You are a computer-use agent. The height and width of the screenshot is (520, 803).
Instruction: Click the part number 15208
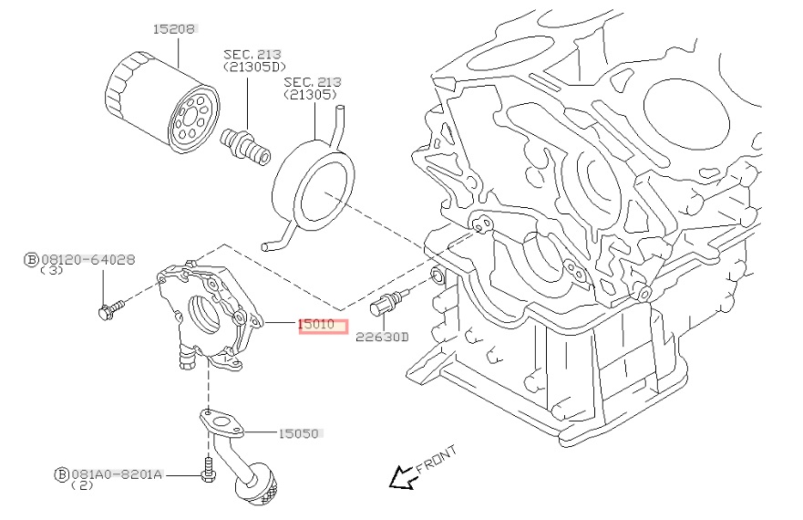click(173, 29)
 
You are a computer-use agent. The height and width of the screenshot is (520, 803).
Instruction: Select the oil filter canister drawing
click(162, 103)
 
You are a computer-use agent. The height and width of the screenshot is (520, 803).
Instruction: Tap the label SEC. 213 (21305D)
click(252, 61)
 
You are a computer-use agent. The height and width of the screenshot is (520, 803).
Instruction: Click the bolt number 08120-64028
click(87, 260)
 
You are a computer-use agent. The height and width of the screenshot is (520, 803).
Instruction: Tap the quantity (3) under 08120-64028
click(54, 271)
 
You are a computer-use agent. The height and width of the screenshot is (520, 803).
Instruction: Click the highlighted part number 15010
click(323, 324)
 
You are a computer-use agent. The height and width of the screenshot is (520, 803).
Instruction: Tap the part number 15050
click(300, 433)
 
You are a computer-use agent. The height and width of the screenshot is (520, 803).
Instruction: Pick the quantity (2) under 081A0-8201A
click(83, 486)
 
